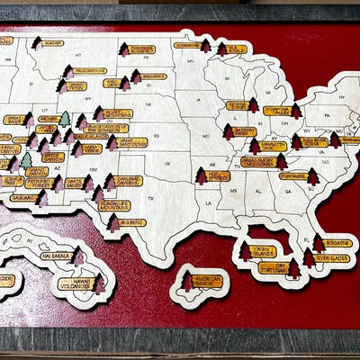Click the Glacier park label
click(x=53, y=42)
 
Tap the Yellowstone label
click(x=89, y=70)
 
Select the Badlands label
click(x=153, y=76)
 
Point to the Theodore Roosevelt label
click(x=142, y=50)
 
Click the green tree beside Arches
click(x=64, y=119)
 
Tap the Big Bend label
click(x=131, y=221)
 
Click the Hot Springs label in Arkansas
click(x=217, y=175)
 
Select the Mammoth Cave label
click(x=269, y=146)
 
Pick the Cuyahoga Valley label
click(x=274, y=112)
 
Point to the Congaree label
click(x=292, y=176)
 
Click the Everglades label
click(x=335, y=258)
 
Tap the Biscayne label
click(x=337, y=242)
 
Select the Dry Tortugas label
click(x=274, y=267)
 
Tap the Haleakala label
click(x=57, y=256)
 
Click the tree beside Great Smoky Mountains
click(x=281, y=161)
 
